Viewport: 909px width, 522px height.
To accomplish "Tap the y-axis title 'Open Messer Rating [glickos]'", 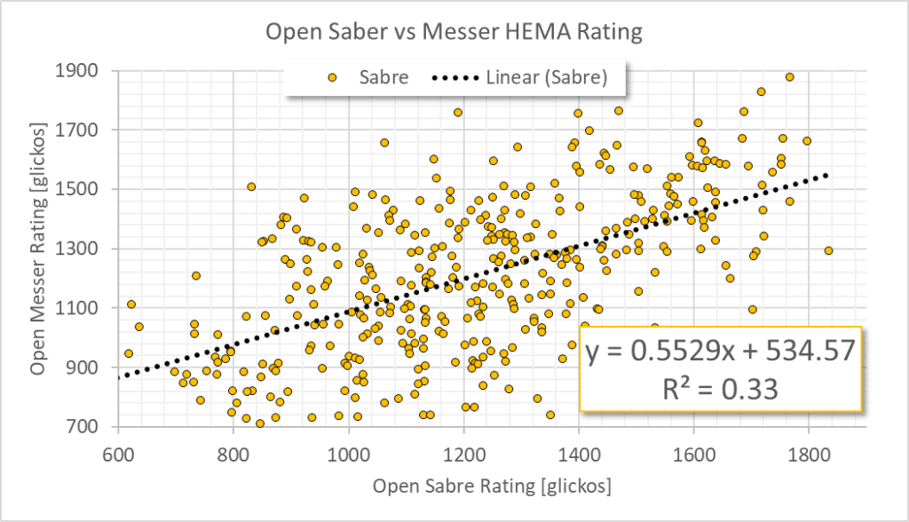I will (x=40, y=249).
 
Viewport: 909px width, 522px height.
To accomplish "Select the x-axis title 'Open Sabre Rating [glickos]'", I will (x=493, y=486).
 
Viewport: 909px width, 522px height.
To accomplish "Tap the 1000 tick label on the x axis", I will (x=349, y=451).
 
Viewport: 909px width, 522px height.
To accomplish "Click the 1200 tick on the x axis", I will (x=464, y=451).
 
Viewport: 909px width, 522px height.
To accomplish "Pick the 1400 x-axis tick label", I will (x=579, y=451).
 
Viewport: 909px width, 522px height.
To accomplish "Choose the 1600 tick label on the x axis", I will (x=694, y=451).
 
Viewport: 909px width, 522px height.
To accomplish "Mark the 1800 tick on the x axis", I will (x=810, y=451).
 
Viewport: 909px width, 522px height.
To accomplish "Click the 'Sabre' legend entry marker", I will (x=332, y=78).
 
